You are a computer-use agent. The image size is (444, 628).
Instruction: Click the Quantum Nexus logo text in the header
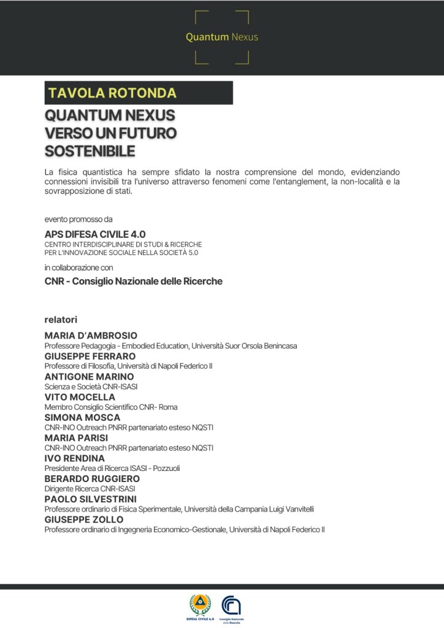[222, 37]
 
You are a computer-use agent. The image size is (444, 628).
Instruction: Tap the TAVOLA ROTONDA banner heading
[112, 93]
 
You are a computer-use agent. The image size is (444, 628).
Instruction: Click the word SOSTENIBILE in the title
[90, 151]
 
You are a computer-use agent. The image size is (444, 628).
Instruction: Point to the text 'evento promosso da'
[78, 219]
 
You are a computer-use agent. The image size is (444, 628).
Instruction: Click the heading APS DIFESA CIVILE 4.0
[95, 234]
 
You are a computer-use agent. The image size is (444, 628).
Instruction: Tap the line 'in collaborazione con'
[78, 267]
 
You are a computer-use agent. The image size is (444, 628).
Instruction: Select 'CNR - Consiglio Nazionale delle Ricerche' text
[133, 281]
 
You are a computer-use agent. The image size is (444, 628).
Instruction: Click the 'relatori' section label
[61, 320]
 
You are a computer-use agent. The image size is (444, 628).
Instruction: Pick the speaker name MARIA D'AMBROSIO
[91, 335]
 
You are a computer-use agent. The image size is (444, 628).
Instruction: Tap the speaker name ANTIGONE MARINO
[89, 377]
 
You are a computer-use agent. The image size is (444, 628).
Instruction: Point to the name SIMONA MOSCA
[82, 418]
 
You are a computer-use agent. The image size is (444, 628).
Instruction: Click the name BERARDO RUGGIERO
[92, 478]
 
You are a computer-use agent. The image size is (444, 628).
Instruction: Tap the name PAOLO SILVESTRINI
[91, 499]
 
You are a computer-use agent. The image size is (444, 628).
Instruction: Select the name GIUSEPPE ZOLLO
[84, 519]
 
